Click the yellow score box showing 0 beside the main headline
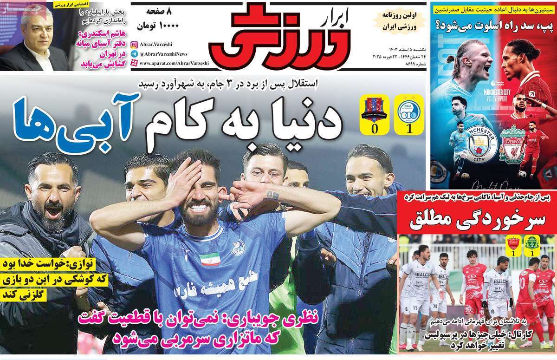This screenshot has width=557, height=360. (374, 114)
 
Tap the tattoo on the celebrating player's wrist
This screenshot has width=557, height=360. (273, 195)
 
